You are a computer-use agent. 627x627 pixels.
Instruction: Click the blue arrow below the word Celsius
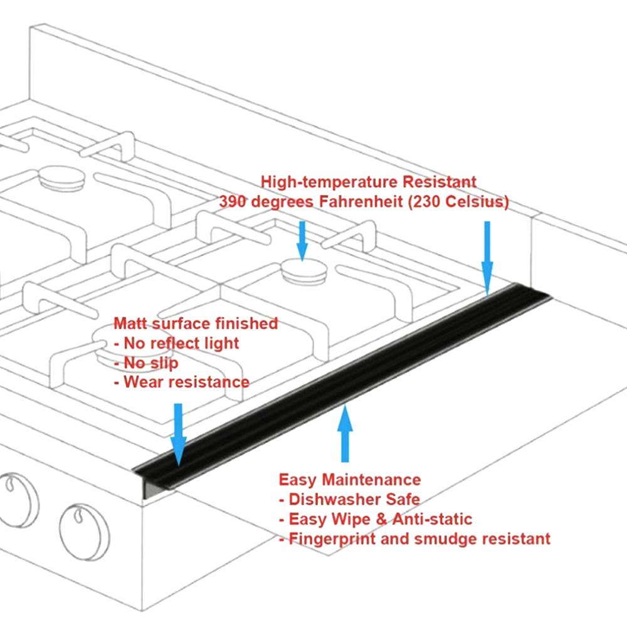(487, 257)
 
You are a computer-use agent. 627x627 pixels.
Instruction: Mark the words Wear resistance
(186, 382)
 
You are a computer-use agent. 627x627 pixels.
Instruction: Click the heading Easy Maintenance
(350, 480)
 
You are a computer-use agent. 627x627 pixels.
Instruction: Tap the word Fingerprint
(327, 539)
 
